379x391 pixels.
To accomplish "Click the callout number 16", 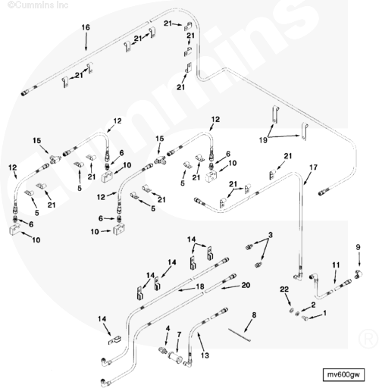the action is [86, 27].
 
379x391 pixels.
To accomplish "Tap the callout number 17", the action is [313, 167].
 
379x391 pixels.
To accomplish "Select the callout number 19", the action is [263, 140].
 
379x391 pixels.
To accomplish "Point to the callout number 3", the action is [271, 235].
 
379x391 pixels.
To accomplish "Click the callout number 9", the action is [358, 247].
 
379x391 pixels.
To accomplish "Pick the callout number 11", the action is [336, 265].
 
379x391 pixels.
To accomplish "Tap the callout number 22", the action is [284, 289].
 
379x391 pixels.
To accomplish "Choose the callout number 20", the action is [246, 285].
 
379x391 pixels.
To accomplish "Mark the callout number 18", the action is [200, 286].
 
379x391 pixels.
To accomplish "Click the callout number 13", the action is [205, 355].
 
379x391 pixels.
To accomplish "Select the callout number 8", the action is [254, 315].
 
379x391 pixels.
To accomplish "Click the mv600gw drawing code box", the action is [343, 374].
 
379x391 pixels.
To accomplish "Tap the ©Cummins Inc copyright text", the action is [38, 5].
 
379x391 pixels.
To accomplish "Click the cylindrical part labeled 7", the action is [175, 358].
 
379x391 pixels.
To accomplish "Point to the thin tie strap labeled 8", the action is [240, 335].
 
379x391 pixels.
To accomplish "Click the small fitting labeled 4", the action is [163, 350].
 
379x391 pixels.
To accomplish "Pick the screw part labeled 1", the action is [305, 318].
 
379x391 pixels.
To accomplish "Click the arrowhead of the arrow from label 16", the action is [86, 48].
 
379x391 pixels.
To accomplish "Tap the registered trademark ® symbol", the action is [368, 339].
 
